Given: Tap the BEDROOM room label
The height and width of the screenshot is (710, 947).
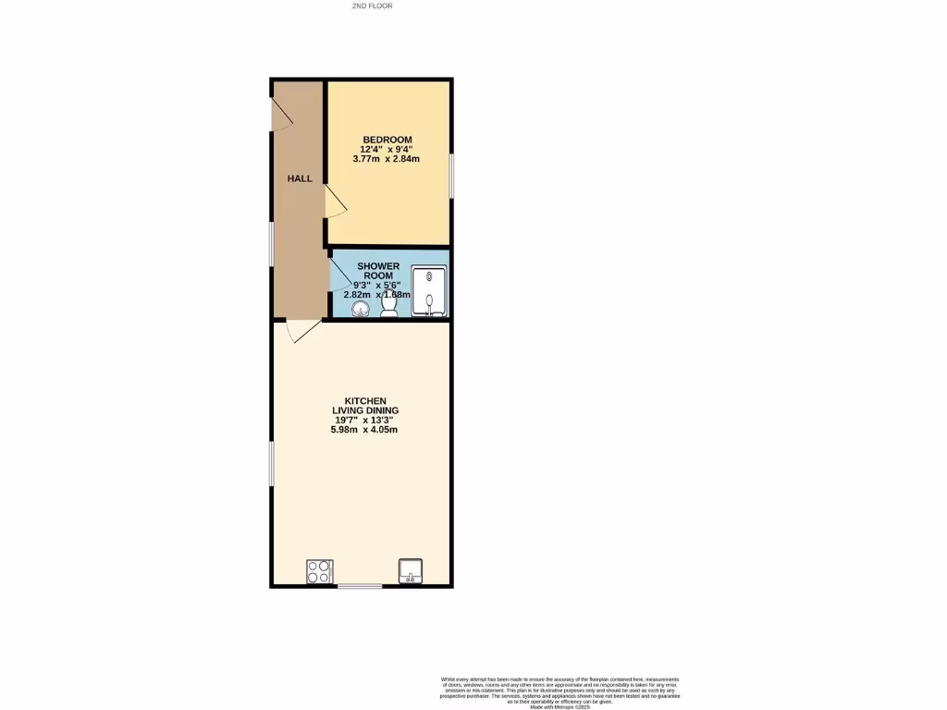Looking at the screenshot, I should [387, 140].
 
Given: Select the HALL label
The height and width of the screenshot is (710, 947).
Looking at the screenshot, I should [299, 178].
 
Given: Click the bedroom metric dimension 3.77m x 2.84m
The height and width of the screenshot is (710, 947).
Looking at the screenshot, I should [387, 159].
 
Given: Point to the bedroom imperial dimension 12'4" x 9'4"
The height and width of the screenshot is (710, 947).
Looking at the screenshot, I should [387, 149].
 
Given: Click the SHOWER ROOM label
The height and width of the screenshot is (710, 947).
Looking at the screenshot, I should [377, 271].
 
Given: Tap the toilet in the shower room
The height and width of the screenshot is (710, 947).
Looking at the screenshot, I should [390, 303].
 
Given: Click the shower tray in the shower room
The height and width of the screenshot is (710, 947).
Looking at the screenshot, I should [429, 290].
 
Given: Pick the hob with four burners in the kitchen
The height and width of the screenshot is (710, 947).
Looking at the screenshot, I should [319, 572].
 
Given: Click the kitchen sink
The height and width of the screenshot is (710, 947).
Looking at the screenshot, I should [410, 571].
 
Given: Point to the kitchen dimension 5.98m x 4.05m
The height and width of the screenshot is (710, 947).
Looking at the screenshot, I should [365, 429].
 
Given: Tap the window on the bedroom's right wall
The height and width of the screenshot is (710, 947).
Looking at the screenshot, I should [451, 175].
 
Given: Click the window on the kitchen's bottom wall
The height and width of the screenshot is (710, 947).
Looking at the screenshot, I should [360, 586].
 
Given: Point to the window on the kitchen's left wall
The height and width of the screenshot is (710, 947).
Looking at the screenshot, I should [272, 462].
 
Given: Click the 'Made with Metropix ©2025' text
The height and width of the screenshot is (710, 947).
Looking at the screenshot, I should [560, 707].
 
